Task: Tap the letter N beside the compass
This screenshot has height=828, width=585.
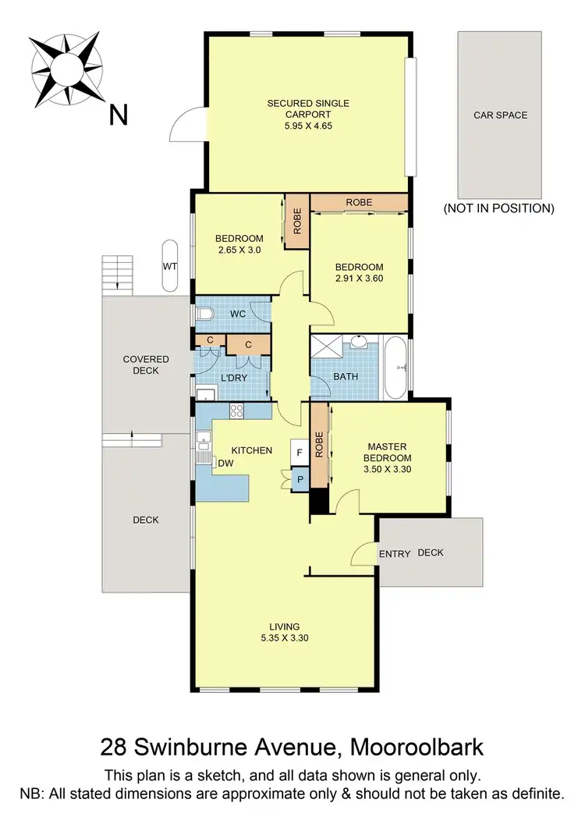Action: click(118, 115)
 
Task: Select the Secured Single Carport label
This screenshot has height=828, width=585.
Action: click(308, 103)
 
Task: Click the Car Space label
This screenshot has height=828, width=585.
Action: click(500, 115)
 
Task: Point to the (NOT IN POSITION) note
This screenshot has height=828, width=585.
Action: click(498, 208)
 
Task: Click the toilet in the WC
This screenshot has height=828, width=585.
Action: click(204, 314)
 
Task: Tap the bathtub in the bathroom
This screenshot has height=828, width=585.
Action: click(395, 365)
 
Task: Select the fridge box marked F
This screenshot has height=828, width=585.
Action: click(300, 451)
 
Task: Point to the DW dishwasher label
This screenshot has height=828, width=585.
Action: click(225, 463)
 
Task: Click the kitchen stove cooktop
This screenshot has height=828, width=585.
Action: click(238, 410)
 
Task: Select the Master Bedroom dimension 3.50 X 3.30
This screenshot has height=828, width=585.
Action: click(387, 470)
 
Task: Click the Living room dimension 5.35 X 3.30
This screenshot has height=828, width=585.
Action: click(286, 637)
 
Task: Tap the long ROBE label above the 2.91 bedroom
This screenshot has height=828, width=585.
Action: click(359, 202)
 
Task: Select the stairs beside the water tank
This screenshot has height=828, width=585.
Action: click(116, 273)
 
